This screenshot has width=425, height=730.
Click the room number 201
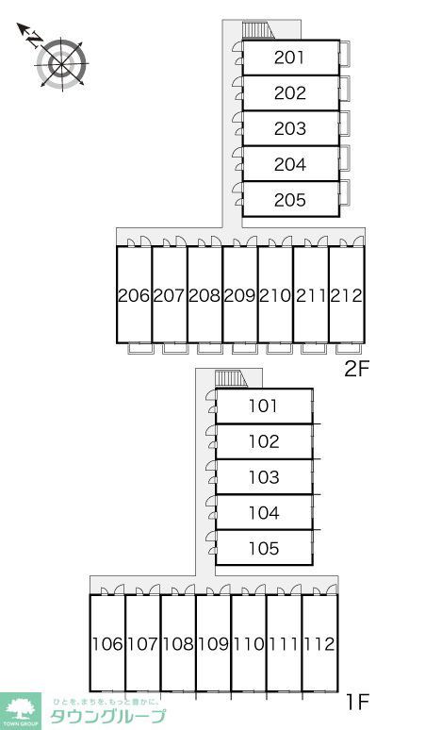[x=289, y=58]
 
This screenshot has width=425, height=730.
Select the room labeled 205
[x=289, y=200]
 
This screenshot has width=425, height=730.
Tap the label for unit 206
[x=134, y=295]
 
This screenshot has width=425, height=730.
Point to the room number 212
[x=347, y=295]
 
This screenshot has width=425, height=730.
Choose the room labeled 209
[x=240, y=295]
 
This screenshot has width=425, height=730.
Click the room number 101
[x=264, y=406]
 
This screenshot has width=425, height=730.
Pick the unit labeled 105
[x=264, y=548]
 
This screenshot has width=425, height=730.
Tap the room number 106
[x=107, y=644]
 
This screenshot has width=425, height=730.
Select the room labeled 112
[x=319, y=644]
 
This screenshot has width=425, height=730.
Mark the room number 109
[x=213, y=644]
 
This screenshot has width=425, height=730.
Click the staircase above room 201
[x=258, y=31]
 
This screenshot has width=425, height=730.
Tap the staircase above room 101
[x=232, y=379]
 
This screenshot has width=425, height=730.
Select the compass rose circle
[x=61, y=63]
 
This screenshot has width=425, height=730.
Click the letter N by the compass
[x=35, y=40]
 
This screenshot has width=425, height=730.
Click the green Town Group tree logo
[x=21, y=711]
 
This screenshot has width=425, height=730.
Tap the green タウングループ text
[x=107, y=716]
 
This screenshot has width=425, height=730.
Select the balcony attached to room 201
[x=345, y=54]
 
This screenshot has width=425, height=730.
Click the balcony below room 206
[x=139, y=348]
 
